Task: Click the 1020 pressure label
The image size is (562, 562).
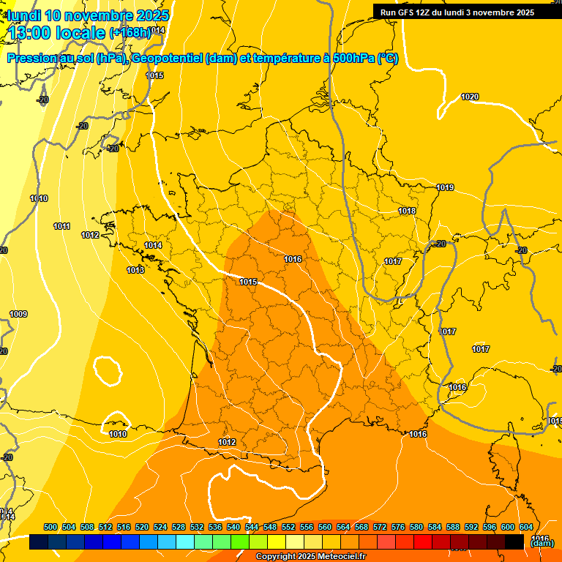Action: tap(470, 97)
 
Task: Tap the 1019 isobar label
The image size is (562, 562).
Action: tap(445, 187)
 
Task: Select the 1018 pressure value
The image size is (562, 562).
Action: tap(407, 211)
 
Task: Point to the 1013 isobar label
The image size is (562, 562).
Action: tap(135, 270)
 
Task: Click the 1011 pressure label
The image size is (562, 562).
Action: tap(61, 226)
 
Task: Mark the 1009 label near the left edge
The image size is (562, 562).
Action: tap(18, 314)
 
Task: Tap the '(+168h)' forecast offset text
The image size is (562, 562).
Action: tap(130, 32)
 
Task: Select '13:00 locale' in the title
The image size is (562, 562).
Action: tap(56, 32)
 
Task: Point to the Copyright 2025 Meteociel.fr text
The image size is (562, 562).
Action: tap(310, 557)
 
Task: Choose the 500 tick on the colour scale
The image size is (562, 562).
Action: tap(50, 527)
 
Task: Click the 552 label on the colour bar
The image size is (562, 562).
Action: tap(288, 527)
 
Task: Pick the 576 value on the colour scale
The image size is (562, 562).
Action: tap(398, 527)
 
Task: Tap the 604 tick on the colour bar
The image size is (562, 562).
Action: tap(526, 527)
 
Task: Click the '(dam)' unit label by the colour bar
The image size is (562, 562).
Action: tap(542, 543)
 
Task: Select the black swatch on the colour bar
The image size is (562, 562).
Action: tap(514, 542)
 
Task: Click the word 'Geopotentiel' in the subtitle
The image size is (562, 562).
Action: tap(167, 59)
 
